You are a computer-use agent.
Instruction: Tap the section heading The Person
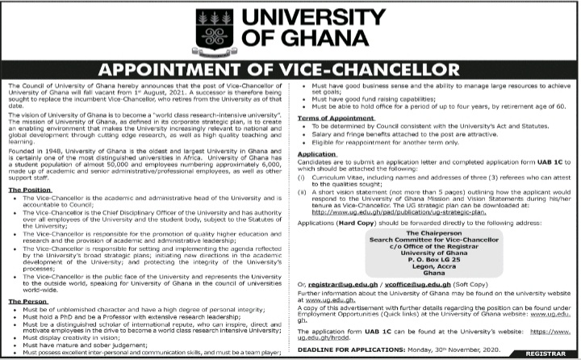coord(30,300)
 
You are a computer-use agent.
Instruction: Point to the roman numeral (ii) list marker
coord(303,190)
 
